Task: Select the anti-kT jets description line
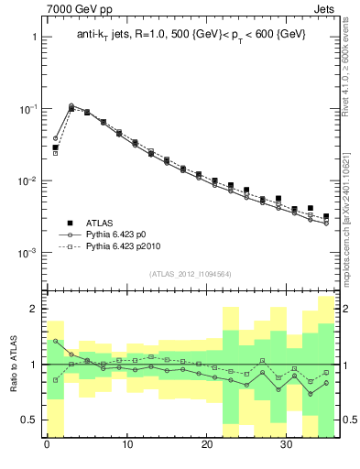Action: click(x=191, y=34)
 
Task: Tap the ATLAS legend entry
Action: click(x=101, y=223)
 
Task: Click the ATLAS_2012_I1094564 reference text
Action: click(x=190, y=273)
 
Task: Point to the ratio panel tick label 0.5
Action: click(x=29, y=420)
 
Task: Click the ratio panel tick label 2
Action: click(x=34, y=310)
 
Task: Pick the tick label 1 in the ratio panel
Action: click(x=34, y=365)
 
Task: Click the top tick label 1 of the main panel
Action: click(x=34, y=38)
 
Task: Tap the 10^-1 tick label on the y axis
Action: click(x=28, y=109)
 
